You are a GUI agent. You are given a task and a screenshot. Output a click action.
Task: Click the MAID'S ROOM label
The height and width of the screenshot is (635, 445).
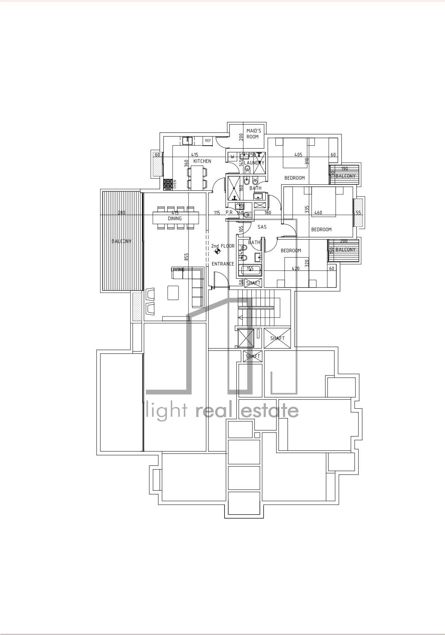[253, 134]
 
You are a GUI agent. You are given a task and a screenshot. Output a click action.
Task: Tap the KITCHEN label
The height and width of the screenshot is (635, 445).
[202, 161]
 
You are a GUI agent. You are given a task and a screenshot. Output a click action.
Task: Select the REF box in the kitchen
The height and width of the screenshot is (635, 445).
[208, 141]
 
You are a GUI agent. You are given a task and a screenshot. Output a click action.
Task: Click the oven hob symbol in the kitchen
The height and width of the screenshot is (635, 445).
[168, 184]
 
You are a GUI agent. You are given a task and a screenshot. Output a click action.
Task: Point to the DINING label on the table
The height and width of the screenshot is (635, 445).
[175, 218]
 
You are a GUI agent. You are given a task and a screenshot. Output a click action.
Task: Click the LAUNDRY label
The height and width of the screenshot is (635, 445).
[254, 163]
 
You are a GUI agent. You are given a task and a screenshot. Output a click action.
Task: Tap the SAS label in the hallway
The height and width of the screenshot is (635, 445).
[262, 227]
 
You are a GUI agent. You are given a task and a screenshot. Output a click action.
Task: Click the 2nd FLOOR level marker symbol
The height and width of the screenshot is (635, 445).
[217, 251]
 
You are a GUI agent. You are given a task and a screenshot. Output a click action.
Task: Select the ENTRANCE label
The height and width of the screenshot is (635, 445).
[222, 264]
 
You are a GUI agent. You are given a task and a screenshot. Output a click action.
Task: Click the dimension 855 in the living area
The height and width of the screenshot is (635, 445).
[186, 257]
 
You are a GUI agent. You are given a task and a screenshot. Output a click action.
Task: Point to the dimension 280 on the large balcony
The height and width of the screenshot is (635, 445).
[122, 213]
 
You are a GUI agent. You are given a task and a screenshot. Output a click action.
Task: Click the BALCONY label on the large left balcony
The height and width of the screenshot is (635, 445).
[122, 241]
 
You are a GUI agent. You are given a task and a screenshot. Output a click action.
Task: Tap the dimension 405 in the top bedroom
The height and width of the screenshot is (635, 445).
[298, 155]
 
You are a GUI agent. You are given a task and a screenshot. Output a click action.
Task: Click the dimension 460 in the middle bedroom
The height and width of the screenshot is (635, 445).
[318, 213]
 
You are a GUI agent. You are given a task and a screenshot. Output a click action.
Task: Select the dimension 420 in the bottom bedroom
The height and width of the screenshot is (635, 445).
[295, 268]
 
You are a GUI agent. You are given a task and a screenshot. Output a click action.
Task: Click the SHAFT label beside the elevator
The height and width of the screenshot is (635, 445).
[277, 338]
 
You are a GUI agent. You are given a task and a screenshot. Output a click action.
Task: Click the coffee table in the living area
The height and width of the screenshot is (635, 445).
[173, 293]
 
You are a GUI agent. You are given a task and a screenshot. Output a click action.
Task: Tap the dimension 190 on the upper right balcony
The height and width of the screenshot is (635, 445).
[344, 169]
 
